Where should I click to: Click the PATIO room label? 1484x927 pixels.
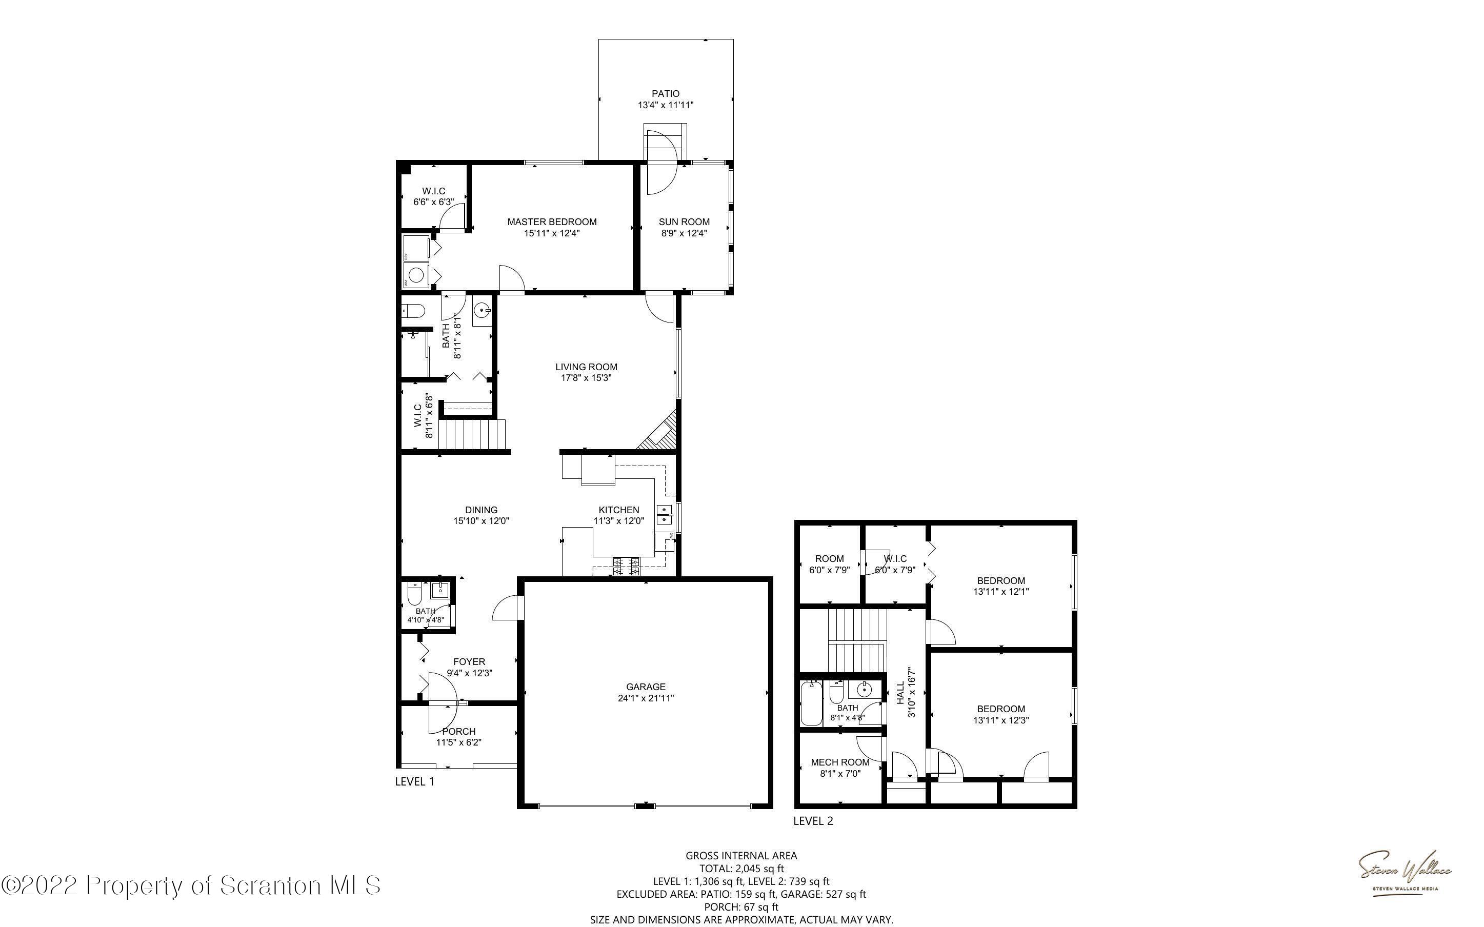(x=665, y=94)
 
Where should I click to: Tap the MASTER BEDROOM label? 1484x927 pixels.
(x=552, y=222)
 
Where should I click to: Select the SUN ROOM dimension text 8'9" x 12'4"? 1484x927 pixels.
(x=684, y=233)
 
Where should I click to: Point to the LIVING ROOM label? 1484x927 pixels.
(x=586, y=367)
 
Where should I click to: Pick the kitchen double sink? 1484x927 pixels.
(x=665, y=514)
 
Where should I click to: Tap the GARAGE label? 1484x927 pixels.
(x=646, y=687)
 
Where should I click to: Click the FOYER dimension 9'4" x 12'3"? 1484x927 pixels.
(x=470, y=673)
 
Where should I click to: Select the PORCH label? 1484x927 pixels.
(x=458, y=731)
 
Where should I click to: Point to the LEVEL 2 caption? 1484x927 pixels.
(x=813, y=821)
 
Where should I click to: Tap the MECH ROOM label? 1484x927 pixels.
(x=840, y=762)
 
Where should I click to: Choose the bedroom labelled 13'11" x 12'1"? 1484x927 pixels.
(x=1000, y=586)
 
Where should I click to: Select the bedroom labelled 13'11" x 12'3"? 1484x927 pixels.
(x=1000, y=714)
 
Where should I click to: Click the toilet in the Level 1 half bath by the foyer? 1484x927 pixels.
(x=415, y=594)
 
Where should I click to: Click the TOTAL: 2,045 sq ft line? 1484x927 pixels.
(x=741, y=868)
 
